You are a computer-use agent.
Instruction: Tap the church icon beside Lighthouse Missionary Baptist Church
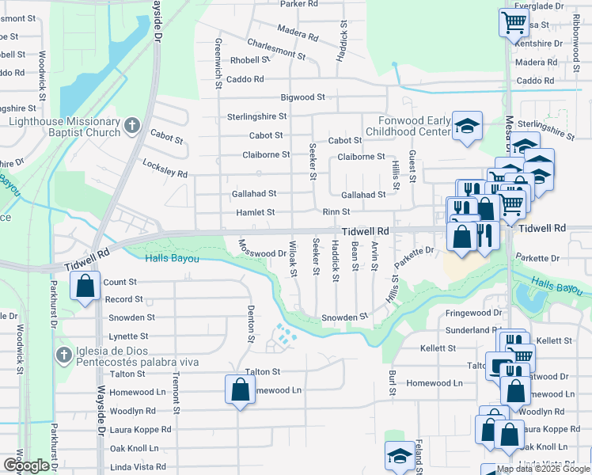click(x=132, y=125)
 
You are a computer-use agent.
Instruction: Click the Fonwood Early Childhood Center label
click(x=408, y=125)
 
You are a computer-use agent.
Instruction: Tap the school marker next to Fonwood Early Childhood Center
click(x=467, y=125)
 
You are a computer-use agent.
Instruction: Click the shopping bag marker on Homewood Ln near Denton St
click(x=239, y=389)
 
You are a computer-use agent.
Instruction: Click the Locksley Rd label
click(x=165, y=168)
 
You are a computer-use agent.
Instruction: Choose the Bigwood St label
click(x=303, y=97)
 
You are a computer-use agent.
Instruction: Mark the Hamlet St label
click(x=255, y=213)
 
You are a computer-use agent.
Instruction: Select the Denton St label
click(x=250, y=325)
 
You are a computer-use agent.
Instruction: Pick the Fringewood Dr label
click(x=474, y=313)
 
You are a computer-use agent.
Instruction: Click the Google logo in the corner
click(x=27, y=465)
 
